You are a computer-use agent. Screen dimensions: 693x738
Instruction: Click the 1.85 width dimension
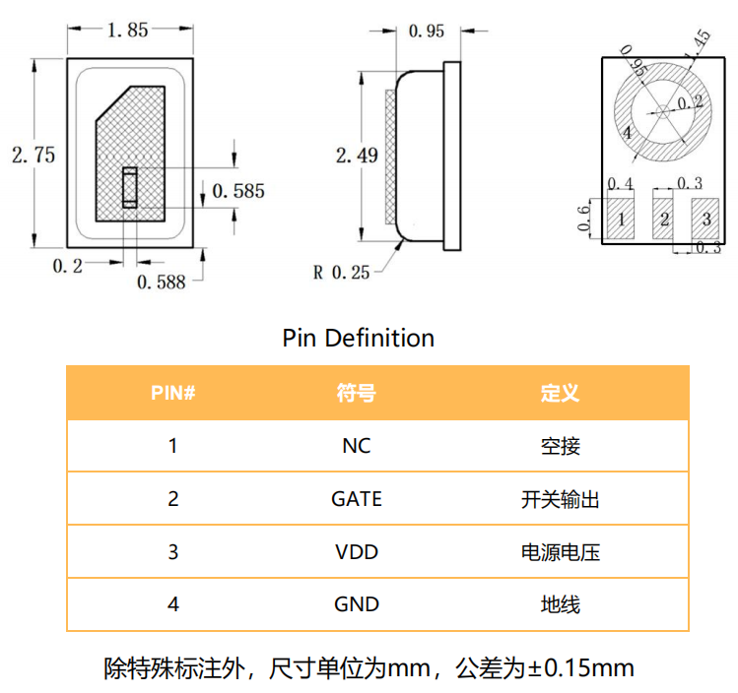click(x=126, y=30)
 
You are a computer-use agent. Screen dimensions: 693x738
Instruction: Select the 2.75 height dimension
click(x=33, y=155)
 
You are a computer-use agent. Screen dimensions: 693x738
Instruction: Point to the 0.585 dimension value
click(x=237, y=191)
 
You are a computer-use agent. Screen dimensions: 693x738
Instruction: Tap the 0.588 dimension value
click(x=161, y=283)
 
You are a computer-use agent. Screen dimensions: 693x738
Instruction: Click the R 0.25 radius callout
click(x=341, y=272)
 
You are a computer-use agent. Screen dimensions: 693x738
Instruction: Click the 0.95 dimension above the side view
click(x=426, y=31)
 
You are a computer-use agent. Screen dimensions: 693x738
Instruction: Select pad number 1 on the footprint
click(x=621, y=219)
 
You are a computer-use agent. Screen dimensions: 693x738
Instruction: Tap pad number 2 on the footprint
click(x=665, y=219)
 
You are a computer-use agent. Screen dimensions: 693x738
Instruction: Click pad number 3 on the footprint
click(x=706, y=219)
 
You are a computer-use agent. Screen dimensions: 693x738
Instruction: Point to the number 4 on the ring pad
click(x=627, y=134)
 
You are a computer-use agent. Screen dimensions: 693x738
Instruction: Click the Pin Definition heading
click(x=358, y=338)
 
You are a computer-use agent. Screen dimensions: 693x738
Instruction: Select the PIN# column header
click(x=172, y=393)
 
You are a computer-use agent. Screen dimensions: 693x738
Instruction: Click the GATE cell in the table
click(x=357, y=499)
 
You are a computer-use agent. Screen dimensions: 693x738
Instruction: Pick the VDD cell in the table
click(x=357, y=551)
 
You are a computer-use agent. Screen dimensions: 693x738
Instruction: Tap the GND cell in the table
click(x=357, y=604)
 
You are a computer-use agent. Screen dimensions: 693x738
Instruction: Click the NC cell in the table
click(x=357, y=446)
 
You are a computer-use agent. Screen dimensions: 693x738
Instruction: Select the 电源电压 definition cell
click(x=560, y=551)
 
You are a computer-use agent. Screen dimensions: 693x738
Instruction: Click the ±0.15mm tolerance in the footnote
click(x=580, y=669)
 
